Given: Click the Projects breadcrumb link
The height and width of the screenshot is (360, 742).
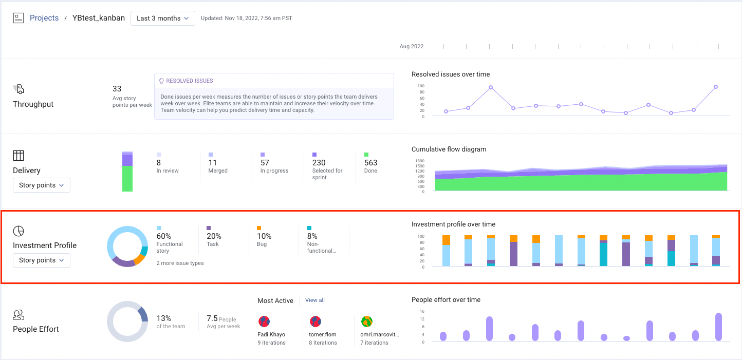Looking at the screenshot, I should pyautogui.click(x=44, y=18).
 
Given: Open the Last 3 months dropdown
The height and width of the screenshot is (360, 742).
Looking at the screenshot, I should pyautogui.click(x=162, y=18).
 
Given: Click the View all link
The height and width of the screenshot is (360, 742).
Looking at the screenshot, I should pyautogui.click(x=314, y=300).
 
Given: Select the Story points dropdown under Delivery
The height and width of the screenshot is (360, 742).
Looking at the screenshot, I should pyautogui.click(x=41, y=185).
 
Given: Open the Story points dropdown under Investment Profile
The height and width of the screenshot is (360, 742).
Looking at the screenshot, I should pyautogui.click(x=41, y=260).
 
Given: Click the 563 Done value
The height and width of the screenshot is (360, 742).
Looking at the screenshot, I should pyautogui.click(x=370, y=163).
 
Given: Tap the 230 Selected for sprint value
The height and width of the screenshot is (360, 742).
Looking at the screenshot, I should pyautogui.click(x=319, y=163).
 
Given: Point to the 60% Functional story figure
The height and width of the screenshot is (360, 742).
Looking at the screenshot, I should pyautogui.click(x=163, y=236).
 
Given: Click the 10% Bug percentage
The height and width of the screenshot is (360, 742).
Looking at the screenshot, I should pyautogui.click(x=264, y=236).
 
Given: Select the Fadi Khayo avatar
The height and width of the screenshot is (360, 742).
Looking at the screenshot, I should pyautogui.click(x=264, y=322).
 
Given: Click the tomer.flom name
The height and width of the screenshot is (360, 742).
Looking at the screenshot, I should pyautogui.click(x=323, y=334).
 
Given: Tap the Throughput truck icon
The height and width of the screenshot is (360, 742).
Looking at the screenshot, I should pyautogui.click(x=18, y=89).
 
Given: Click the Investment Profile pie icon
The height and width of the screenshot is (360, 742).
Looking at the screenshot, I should pyautogui.click(x=18, y=231).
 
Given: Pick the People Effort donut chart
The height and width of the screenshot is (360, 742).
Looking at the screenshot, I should pyautogui.click(x=127, y=321).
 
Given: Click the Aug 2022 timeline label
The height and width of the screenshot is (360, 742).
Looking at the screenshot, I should pyautogui.click(x=411, y=46).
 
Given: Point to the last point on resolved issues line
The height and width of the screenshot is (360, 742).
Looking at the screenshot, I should pyautogui.click(x=715, y=87).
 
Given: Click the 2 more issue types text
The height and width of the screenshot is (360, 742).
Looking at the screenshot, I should pyautogui.click(x=180, y=263).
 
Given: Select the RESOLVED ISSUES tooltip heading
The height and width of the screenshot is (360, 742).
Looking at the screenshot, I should pyautogui.click(x=189, y=81).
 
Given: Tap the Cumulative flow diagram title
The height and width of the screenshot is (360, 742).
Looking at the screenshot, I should pyautogui.click(x=449, y=149).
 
